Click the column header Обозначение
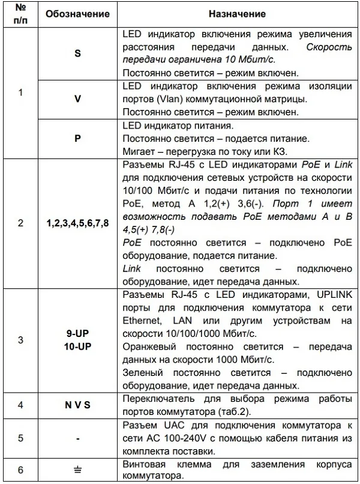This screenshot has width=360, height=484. (x=77, y=13)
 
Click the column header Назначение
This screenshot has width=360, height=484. (x=237, y=13)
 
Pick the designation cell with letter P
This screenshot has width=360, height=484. (x=77, y=138)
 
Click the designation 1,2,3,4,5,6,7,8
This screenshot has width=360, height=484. (x=77, y=223)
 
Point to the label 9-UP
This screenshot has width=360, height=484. (x=77, y=334)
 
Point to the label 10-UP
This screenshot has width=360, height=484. (x=77, y=345)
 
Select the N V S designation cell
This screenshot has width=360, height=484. (x=77, y=405)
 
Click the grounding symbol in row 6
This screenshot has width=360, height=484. (x=77, y=470)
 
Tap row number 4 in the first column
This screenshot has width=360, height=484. (x=20, y=405)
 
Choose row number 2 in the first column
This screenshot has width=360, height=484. (x=20, y=223)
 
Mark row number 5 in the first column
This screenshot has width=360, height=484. (x=20, y=438)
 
